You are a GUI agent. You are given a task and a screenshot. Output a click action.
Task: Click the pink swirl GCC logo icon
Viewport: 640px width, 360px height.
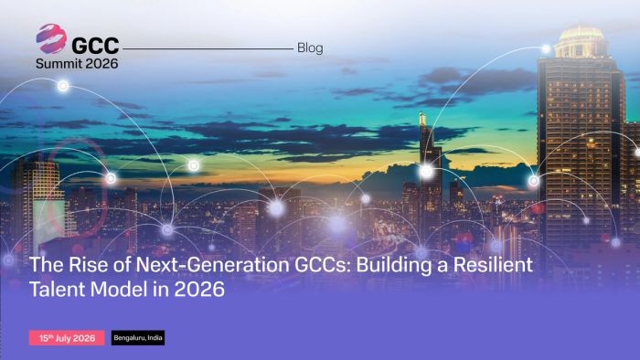point(51,38)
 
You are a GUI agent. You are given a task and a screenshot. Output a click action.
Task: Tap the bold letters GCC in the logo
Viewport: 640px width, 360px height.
point(95,46)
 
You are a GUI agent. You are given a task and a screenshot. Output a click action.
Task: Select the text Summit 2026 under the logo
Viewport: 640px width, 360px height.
point(77,64)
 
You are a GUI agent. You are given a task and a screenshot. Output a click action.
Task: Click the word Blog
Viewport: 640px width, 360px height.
point(310,48)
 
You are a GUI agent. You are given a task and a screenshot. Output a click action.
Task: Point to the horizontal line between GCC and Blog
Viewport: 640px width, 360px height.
point(208,48)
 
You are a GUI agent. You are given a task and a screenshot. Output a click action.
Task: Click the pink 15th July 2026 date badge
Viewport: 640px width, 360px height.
point(67,338)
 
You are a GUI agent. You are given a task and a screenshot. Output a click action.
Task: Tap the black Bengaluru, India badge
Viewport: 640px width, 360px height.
point(138,337)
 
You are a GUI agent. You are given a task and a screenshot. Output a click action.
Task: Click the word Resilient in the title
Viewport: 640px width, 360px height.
point(493,265)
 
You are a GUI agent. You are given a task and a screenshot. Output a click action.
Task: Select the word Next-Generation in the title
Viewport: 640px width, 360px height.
point(213,265)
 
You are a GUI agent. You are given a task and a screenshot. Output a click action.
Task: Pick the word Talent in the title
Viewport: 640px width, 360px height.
point(58,289)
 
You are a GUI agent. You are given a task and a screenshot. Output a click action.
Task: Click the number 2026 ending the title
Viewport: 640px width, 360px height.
point(199,289)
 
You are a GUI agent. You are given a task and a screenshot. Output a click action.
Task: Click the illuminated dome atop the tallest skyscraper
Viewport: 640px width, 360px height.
point(581,34)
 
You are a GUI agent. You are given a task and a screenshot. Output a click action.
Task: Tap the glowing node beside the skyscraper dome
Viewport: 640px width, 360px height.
point(546,49)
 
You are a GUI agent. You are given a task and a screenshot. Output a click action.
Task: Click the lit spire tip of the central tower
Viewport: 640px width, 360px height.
point(422,118)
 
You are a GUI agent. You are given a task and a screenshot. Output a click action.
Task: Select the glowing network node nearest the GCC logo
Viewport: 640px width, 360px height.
point(63,86)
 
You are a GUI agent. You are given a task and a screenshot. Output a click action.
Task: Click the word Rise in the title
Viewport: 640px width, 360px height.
point(89,265)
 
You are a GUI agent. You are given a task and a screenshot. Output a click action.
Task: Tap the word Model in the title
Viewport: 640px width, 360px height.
point(119,289)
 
